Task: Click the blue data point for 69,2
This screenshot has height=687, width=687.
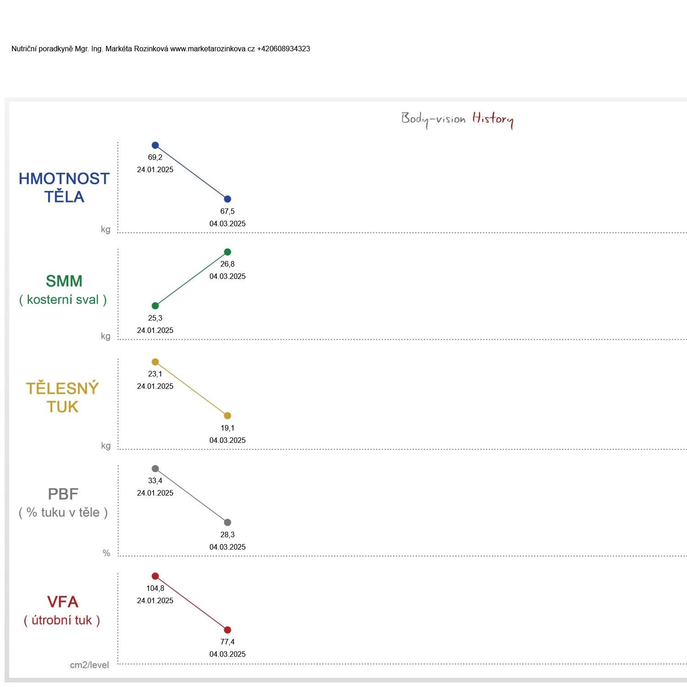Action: (x=155, y=145)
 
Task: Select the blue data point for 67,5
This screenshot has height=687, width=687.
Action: (x=228, y=199)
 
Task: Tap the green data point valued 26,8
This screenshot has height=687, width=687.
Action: (x=228, y=252)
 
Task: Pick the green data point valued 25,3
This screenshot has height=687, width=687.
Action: (x=155, y=306)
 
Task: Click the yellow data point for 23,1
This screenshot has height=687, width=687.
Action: (x=155, y=362)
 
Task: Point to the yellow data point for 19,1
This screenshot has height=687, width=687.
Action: (x=228, y=416)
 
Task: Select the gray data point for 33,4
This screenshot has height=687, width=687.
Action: (x=155, y=469)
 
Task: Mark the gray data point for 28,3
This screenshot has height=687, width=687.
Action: (x=228, y=523)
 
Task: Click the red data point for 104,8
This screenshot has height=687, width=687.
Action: (x=155, y=576)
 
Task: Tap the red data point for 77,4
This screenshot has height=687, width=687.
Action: (x=228, y=630)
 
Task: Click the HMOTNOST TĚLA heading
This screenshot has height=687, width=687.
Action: (x=64, y=187)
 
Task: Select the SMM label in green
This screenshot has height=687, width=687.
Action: (x=64, y=281)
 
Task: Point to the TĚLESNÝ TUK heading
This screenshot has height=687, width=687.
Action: (x=62, y=397)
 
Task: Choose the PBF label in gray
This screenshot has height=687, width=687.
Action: (x=63, y=494)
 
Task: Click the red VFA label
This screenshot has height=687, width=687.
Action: (x=63, y=602)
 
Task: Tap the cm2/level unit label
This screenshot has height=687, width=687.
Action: (x=89, y=665)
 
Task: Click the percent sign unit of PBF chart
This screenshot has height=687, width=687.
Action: (x=106, y=553)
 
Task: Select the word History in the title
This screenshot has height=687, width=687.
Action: (x=493, y=119)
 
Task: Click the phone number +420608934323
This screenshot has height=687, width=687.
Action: (x=284, y=49)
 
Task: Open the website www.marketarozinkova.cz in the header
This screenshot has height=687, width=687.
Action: (x=213, y=49)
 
